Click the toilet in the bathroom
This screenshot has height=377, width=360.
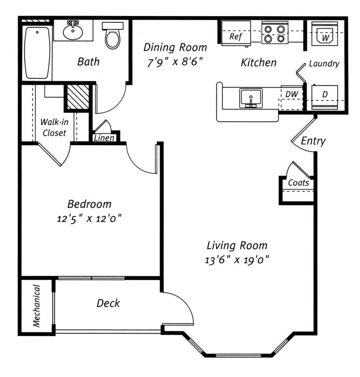point(112,36)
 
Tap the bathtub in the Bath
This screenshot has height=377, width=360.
point(37,53)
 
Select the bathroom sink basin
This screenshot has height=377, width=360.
point(73,32)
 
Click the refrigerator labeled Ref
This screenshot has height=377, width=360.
point(236,33)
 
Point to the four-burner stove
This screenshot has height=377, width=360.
point(274,33)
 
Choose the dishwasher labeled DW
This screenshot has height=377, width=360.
point(292,98)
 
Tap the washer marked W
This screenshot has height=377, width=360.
point(325,34)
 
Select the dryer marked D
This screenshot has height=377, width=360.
point(325,97)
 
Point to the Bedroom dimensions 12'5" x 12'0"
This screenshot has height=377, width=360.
point(89,219)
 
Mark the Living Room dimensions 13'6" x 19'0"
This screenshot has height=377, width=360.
point(237,260)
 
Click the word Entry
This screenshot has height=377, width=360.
point(313,141)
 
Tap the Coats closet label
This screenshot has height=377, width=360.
point(298,183)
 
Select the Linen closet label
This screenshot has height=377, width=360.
point(104,138)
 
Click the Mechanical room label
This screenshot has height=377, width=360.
point(37,306)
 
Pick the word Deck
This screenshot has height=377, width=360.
point(108,303)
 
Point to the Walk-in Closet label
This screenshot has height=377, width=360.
point(54,127)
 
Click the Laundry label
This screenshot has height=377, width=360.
point(324,63)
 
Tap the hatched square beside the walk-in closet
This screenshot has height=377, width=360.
point(78,97)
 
